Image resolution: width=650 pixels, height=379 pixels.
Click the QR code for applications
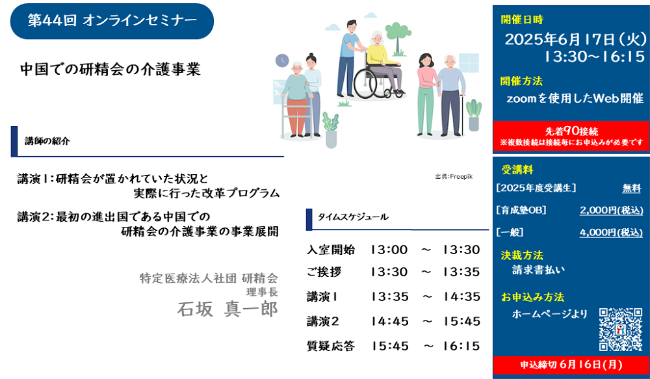tap(621, 329)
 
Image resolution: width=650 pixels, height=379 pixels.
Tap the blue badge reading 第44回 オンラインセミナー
tap(112, 21)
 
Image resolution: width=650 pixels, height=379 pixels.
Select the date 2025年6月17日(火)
tap(575, 40)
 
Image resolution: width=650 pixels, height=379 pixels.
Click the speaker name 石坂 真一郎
tap(227, 309)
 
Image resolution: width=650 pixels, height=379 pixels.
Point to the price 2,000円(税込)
tap(611, 210)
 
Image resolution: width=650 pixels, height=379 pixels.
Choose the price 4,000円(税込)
tap(611, 232)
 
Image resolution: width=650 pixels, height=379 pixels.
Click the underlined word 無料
tap(631, 189)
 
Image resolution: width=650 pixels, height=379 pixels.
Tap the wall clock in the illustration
tap(282, 60)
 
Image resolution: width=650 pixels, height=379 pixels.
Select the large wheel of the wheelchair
tap(365, 84)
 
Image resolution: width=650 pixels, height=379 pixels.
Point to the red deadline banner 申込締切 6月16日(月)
tap(571, 365)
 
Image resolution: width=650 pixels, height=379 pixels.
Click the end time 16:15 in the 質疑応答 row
tap(461, 346)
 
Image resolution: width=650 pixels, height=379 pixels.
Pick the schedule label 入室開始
tap(331, 250)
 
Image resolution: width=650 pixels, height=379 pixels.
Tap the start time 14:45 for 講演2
tap(390, 321)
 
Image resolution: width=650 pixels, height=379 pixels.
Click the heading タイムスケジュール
tap(353, 217)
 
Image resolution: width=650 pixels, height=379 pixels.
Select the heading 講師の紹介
tap(47, 142)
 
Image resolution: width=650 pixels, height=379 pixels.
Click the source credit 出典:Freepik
tap(454, 177)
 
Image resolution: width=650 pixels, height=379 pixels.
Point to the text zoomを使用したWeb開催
tap(575, 98)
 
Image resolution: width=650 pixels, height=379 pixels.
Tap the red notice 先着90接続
tap(571, 131)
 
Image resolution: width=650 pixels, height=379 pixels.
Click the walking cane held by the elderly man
tap(463, 117)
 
